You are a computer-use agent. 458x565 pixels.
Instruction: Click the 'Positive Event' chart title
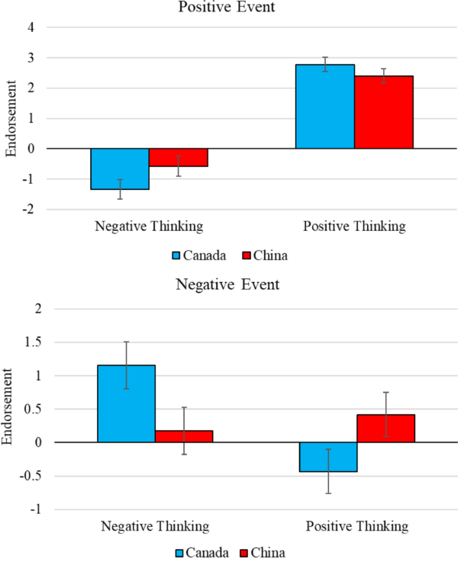tap(228, 8)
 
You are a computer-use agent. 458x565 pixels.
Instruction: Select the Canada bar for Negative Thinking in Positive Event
tap(120, 169)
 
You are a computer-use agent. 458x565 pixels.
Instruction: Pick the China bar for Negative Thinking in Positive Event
tap(178, 157)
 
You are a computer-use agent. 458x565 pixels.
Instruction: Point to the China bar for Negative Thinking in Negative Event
tap(184, 436)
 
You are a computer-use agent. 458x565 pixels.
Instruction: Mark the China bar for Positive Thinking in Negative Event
tap(386, 429)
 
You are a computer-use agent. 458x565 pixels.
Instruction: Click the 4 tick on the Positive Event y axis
tap(31, 27)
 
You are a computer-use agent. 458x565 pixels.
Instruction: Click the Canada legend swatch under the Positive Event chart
tap(178, 255)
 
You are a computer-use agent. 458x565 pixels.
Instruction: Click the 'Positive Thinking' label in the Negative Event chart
tap(355, 526)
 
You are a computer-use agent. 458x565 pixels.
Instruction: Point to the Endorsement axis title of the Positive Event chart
tap(11, 119)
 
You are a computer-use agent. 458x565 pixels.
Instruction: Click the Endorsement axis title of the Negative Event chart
tap(11, 409)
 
